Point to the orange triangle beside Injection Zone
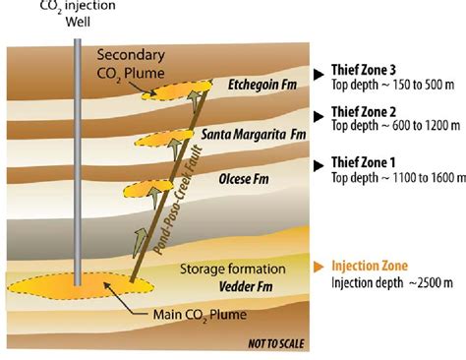[x=320, y=266]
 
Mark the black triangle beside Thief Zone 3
[x=320, y=73]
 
